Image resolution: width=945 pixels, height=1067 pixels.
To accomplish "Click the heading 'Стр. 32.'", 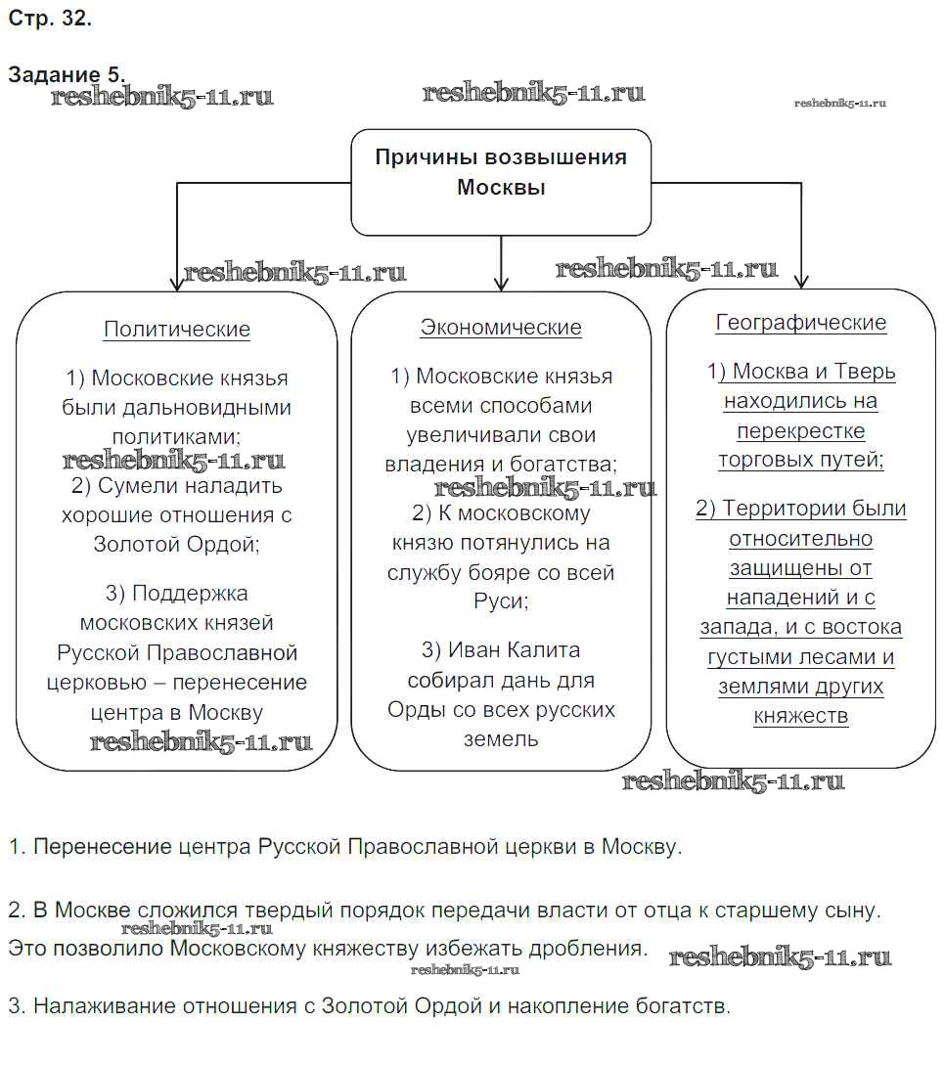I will [x=50, y=19].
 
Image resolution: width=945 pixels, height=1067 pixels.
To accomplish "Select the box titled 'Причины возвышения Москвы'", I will [x=501, y=182].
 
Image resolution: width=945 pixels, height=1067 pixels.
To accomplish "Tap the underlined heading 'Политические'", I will [x=177, y=330].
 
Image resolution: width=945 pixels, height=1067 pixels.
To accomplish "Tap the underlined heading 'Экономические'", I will [x=501, y=328].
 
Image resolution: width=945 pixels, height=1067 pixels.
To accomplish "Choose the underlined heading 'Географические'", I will [x=801, y=323].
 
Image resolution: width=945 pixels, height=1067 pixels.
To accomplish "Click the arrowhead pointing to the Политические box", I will [x=177, y=283].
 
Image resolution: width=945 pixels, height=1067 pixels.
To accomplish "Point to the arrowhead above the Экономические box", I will [x=501, y=283].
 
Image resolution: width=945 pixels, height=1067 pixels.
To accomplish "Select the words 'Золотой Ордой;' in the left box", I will [x=177, y=545].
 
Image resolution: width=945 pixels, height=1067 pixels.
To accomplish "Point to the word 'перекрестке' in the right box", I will [x=801, y=430].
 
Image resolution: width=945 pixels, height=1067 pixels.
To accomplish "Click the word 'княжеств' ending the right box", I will [x=801, y=716].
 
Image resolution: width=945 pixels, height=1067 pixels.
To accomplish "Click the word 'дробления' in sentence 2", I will [x=596, y=949].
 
